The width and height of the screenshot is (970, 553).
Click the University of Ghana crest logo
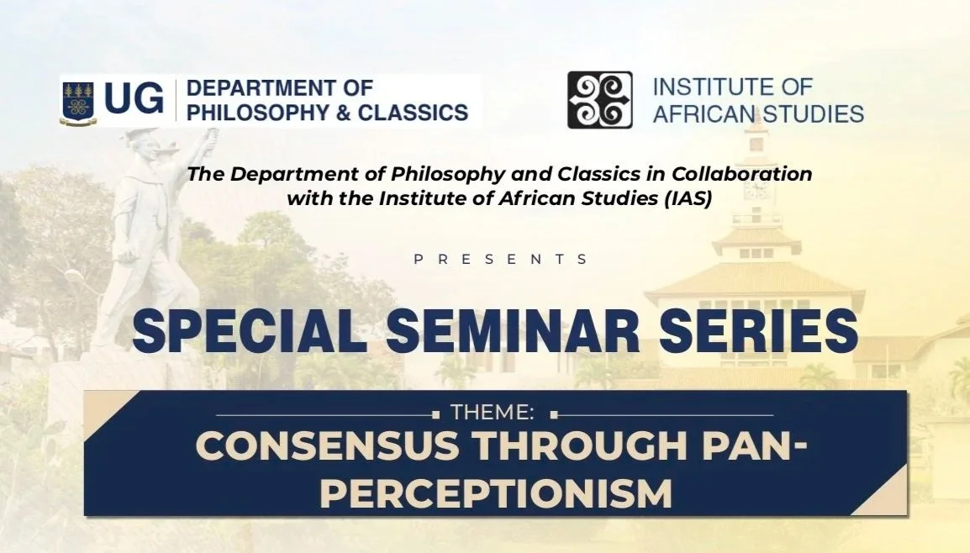[78, 101]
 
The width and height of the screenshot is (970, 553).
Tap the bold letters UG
[134, 100]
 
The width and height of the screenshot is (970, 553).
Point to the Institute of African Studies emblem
[599, 100]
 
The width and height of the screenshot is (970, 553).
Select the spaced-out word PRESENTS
[501, 260]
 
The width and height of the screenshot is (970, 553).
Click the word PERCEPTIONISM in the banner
[495, 493]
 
